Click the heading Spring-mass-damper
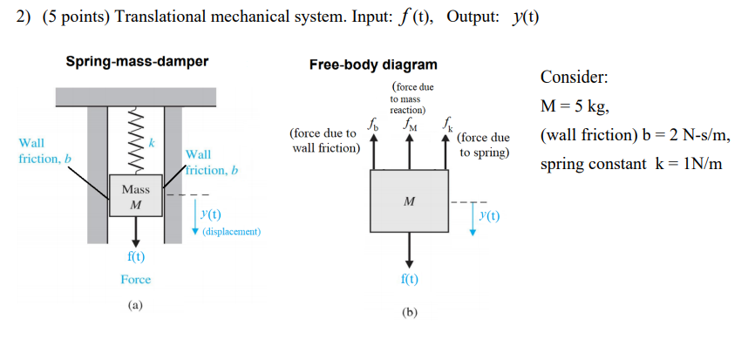coord(137,62)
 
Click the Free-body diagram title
coord(373,65)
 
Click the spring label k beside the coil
coord(151,141)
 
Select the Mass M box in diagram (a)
coord(135,197)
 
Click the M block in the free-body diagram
coord(410,202)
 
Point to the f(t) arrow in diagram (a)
coord(135,234)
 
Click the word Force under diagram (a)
coord(135,280)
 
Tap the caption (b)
coord(410,311)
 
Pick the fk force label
coord(447,124)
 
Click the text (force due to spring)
coord(482,145)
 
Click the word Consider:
coord(575,78)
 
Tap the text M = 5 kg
coord(575,107)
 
